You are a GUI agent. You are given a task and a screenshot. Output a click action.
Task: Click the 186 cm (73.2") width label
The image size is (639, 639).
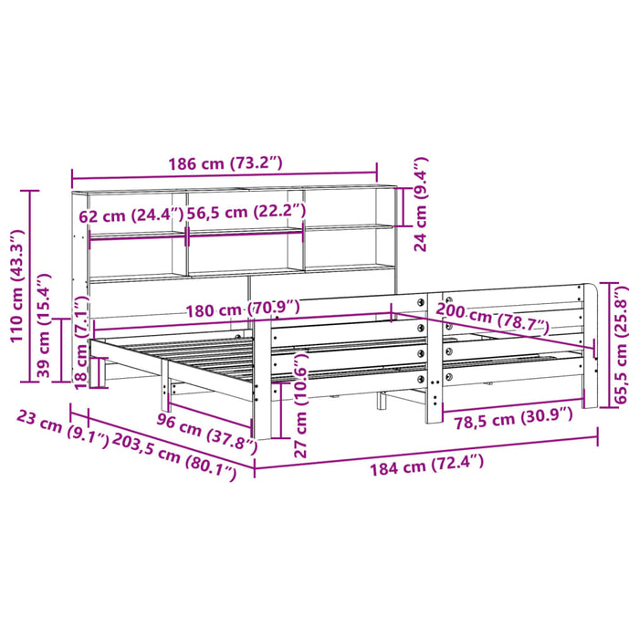[224, 164]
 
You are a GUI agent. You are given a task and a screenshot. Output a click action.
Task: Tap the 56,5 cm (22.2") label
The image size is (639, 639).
[247, 212]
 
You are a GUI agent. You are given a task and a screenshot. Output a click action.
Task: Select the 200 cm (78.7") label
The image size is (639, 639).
[494, 316]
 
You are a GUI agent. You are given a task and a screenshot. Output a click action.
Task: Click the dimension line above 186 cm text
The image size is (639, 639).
[224, 178]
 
